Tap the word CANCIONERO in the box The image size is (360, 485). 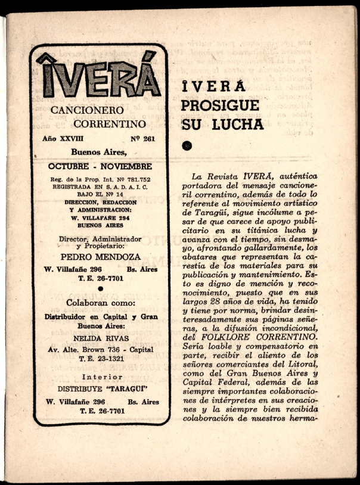[79, 110]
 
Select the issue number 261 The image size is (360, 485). [145, 139]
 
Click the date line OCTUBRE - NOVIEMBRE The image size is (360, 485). [100, 166]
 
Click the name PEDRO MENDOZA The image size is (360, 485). [100, 257]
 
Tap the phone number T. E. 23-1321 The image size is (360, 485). [100, 359]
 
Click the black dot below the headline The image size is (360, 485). [187, 144]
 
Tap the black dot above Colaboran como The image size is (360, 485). [100, 289]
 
